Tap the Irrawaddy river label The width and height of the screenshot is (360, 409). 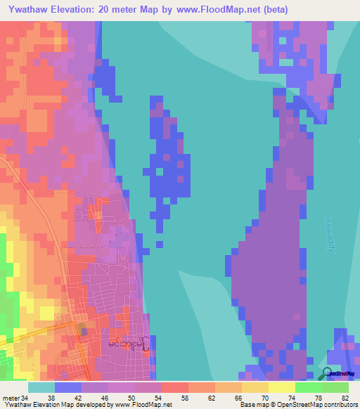pos(330,235)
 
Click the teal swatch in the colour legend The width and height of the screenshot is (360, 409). pos(41,387)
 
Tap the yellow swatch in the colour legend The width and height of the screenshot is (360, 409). pos(282,387)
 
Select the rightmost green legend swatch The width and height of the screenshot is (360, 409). pos(335,387)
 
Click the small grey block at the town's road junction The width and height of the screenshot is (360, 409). pos(84,330)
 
